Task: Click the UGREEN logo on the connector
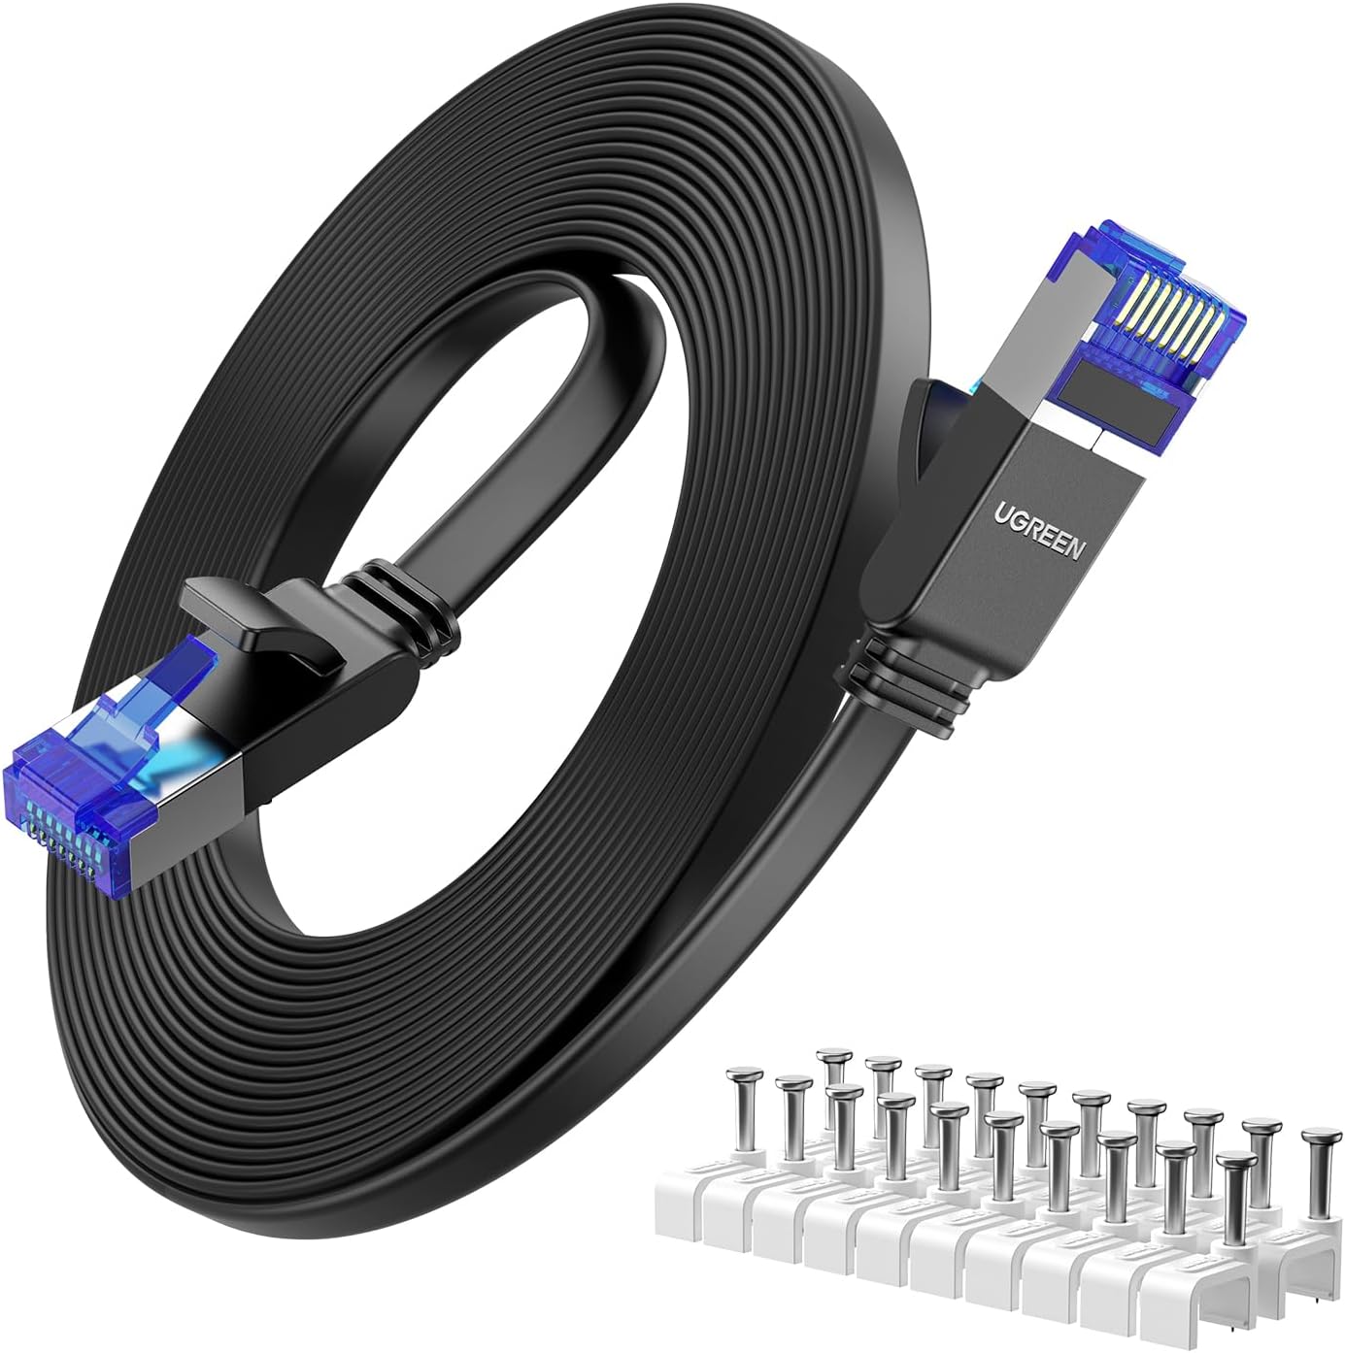pyautogui.click(x=1037, y=532)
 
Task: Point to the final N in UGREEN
pyautogui.click(x=1076, y=551)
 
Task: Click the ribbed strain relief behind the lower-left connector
pyautogui.click(x=408, y=607)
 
